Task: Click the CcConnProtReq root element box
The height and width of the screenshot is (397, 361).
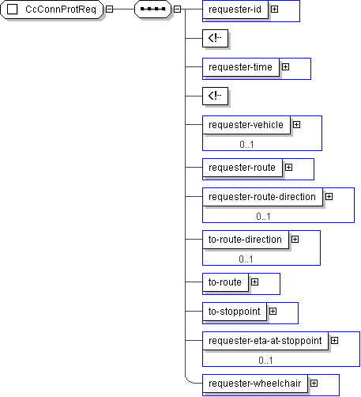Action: click(x=52, y=9)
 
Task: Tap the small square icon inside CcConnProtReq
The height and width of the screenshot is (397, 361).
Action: click(x=12, y=9)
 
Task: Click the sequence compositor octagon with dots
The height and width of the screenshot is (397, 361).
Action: click(x=152, y=9)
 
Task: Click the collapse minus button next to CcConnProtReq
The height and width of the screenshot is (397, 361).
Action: click(x=109, y=9)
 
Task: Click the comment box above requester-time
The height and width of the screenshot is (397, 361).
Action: click(x=215, y=38)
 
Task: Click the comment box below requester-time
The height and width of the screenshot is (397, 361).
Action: click(x=215, y=96)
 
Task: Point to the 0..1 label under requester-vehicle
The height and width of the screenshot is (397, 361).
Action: click(x=246, y=145)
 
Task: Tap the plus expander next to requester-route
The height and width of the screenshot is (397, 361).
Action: click(x=289, y=168)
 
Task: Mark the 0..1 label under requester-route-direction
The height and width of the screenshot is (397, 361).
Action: click(x=263, y=217)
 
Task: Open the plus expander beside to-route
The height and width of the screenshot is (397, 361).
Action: click(x=254, y=282)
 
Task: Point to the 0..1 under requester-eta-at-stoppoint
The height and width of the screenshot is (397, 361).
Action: click(x=265, y=361)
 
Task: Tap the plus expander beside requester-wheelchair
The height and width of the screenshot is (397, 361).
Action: click(x=314, y=384)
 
